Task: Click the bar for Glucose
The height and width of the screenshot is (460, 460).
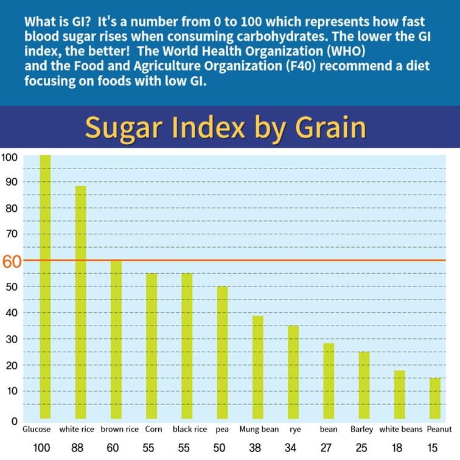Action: pos(45,286)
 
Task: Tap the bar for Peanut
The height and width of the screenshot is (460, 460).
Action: pos(434,398)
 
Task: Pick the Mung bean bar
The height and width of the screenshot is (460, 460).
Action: pos(258,367)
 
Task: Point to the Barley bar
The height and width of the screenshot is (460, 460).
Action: pos(363,385)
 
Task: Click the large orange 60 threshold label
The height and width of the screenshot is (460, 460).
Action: pos(12,262)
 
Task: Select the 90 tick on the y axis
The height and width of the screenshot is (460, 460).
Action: pos(10,182)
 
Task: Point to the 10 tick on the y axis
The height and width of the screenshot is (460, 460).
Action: pos(10,391)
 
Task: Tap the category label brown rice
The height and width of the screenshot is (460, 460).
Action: pos(120,429)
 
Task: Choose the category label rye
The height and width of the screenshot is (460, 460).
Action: pos(295,429)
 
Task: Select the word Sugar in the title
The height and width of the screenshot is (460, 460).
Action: pos(125,128)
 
